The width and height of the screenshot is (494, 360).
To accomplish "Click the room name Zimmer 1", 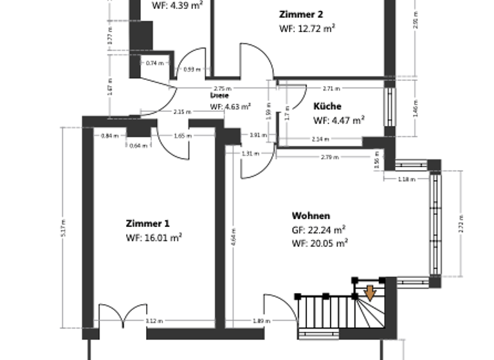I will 147,224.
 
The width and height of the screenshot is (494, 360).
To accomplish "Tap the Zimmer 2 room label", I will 301,14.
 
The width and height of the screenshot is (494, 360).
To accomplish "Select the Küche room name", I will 327,107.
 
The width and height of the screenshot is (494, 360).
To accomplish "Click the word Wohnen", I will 311,216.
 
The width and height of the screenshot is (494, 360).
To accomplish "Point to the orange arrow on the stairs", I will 370,293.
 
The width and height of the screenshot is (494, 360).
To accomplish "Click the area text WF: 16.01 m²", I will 154,238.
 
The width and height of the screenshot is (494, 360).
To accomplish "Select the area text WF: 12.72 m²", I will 307,28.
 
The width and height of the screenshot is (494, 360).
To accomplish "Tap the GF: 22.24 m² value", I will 319,230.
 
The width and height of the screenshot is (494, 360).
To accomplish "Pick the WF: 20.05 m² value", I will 320,243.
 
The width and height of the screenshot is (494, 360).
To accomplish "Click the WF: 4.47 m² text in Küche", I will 339,120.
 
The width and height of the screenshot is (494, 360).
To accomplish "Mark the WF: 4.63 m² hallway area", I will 230,107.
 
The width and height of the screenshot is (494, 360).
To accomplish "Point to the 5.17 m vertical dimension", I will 63,228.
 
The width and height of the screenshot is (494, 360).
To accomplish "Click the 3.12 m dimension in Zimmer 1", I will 154,321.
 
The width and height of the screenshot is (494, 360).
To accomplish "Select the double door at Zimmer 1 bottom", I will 122,315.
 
